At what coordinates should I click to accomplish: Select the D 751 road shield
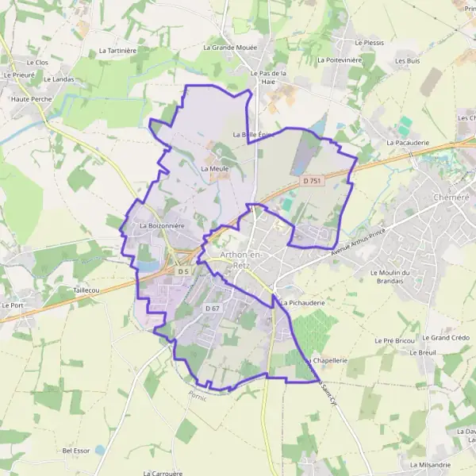(312, 181)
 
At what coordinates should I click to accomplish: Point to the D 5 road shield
(183, 271)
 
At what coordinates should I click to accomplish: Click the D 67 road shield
(212, 308)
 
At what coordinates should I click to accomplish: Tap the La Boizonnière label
(162, 226)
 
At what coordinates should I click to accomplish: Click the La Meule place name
(215, 169)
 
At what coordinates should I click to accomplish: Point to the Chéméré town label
(454, 198)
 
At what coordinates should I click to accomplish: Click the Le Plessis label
(369, 42)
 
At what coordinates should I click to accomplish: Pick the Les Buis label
(408, 60)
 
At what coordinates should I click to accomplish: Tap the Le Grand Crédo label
(450, 338)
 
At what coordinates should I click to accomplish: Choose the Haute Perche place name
(31, 100)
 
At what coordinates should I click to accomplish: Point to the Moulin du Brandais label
(394, 276)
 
